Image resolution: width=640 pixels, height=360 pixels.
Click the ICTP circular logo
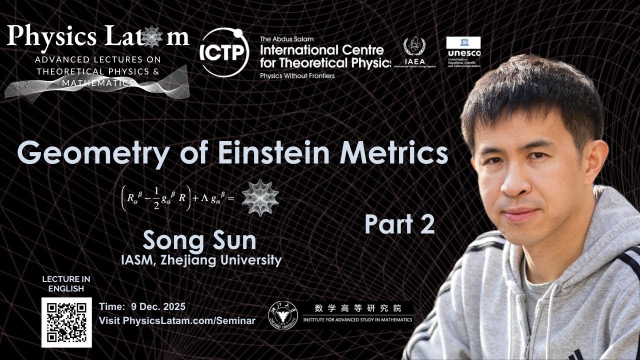click(224, 52)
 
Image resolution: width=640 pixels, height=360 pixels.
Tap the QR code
click(66, 322)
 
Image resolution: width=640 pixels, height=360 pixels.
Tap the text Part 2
click(399, 224)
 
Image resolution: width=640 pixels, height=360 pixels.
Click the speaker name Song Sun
click(199, 240)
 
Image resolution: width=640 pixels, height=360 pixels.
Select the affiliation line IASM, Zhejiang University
click(201, 260)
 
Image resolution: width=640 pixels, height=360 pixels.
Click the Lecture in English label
click(66, 283)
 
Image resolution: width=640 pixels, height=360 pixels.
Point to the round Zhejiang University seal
click(282, 315)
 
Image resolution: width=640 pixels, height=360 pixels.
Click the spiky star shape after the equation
click(260, 198)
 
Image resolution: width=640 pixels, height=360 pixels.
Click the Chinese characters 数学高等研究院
click(358, 308)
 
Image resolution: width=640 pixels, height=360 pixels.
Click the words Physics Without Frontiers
click(297, 75)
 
